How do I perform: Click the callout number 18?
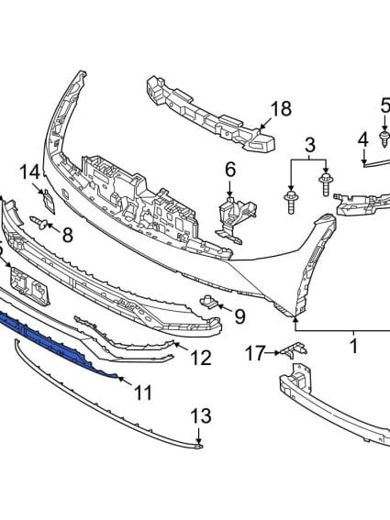[280, 109]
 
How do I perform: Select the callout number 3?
[310, 144]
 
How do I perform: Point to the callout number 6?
[229, 169]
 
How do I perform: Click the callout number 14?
[30, 171]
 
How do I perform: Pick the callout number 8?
[66, 235]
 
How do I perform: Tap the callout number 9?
[240, 316]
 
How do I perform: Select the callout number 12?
[200, 358]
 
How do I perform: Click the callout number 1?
[353, 347]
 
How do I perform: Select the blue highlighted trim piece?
[55, 339]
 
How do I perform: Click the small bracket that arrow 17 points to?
[293, 349]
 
